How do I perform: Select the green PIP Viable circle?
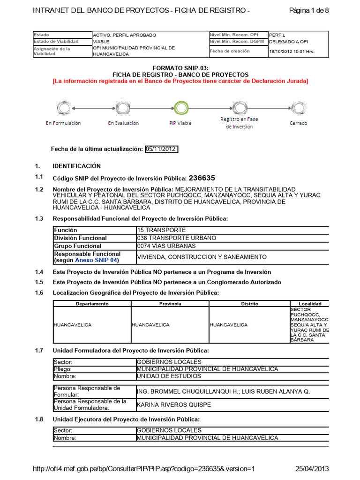(x=180, y=108)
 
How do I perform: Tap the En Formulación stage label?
(x=63, y=123)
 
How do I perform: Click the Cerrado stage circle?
(x=298, y=108)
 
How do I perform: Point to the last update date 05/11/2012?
(x=161, y=149)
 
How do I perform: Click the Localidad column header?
(x=309, y=304)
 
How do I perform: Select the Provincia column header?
(x=170, y=304)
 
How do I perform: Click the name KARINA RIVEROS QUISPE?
(x=173, y=405)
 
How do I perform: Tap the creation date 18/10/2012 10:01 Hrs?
(x=292, y=52)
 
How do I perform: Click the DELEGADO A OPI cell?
(x=288, y=42)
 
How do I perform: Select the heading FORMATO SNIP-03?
(x=180, y=68)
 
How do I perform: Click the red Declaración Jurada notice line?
(x=180, y=81)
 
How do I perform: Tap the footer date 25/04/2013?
(x=312, y=469)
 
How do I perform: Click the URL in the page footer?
(x=144, y=469)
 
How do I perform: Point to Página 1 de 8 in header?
(x=309, y=11)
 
